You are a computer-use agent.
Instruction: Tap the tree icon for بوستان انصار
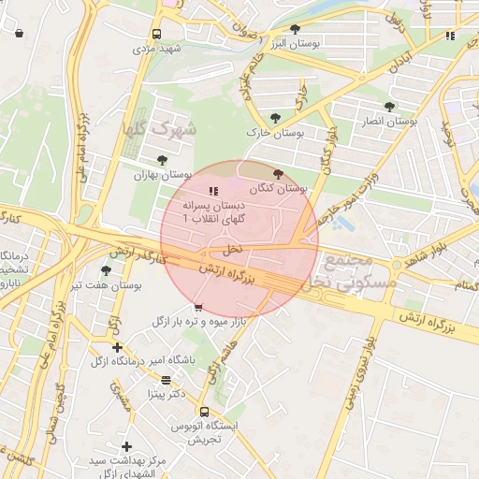pyautogui.click(x=389, y=107)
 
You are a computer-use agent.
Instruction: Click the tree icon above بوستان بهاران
pyautogui.click(x=164, y=160)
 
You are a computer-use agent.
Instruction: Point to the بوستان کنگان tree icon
pyautogui.click(x=277, y=174)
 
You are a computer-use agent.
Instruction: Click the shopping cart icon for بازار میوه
pyautogui.click(x=197, y=307)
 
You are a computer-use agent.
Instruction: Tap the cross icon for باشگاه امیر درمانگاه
pyautogui.click(x=117, y=347)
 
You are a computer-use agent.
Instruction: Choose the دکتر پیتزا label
pyautogui.click(x=167, y=395)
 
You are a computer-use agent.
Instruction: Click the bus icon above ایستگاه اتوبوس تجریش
pyautogui.click(x=204, y=411)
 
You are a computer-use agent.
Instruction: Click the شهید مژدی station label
pyautogui.click(x=155, y=48)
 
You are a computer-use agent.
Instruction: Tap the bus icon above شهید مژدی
pyautogui.click(x=156, y=35)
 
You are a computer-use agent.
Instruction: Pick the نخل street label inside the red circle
pyautogui.click(x=231, y=250)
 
